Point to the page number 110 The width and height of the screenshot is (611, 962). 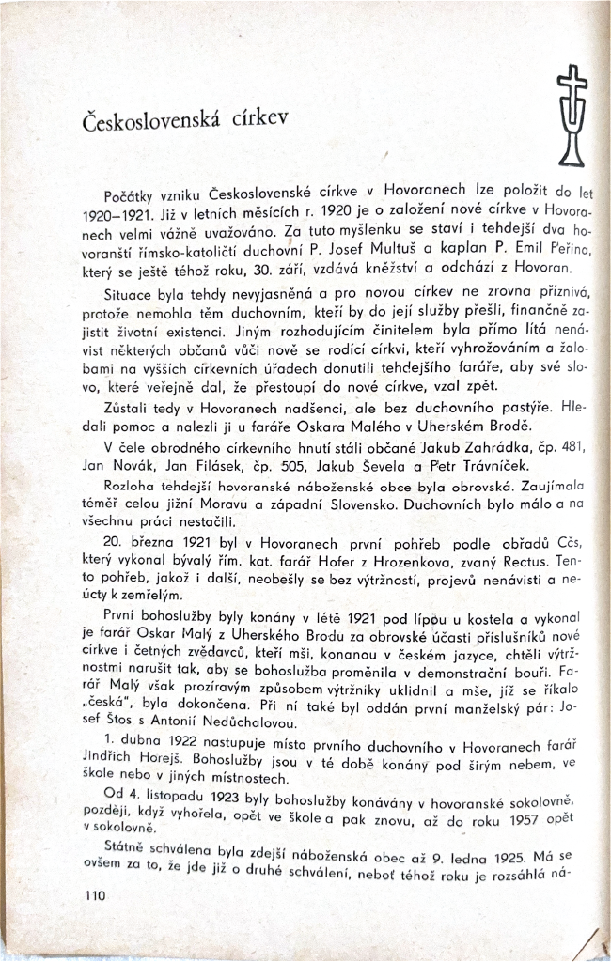97,896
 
